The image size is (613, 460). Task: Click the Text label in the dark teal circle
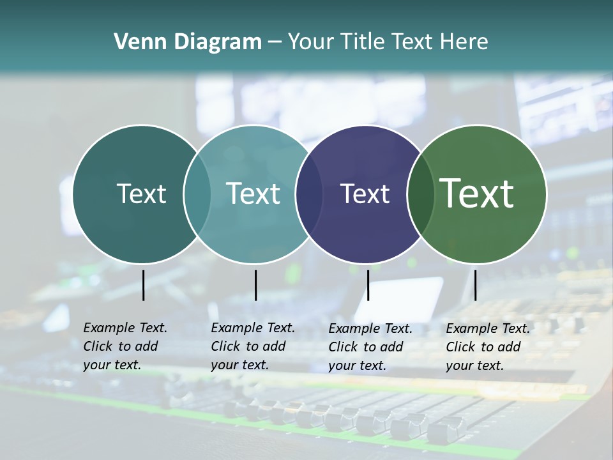141,194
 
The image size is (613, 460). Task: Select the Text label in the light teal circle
253,194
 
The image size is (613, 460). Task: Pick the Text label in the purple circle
365,194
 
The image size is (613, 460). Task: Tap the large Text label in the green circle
477,194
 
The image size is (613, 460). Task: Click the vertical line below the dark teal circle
143,285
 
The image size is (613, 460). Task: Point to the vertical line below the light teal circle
255,285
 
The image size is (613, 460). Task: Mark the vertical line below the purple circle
368,285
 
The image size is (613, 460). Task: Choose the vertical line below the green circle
475,285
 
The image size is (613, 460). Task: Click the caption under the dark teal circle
125,346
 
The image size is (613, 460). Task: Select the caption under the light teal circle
253,346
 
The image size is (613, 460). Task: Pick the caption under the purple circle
370,347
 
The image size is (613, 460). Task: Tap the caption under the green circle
488,347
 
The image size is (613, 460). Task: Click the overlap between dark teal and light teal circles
197,194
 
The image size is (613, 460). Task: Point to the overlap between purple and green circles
420,194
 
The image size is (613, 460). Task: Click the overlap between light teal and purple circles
309,194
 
